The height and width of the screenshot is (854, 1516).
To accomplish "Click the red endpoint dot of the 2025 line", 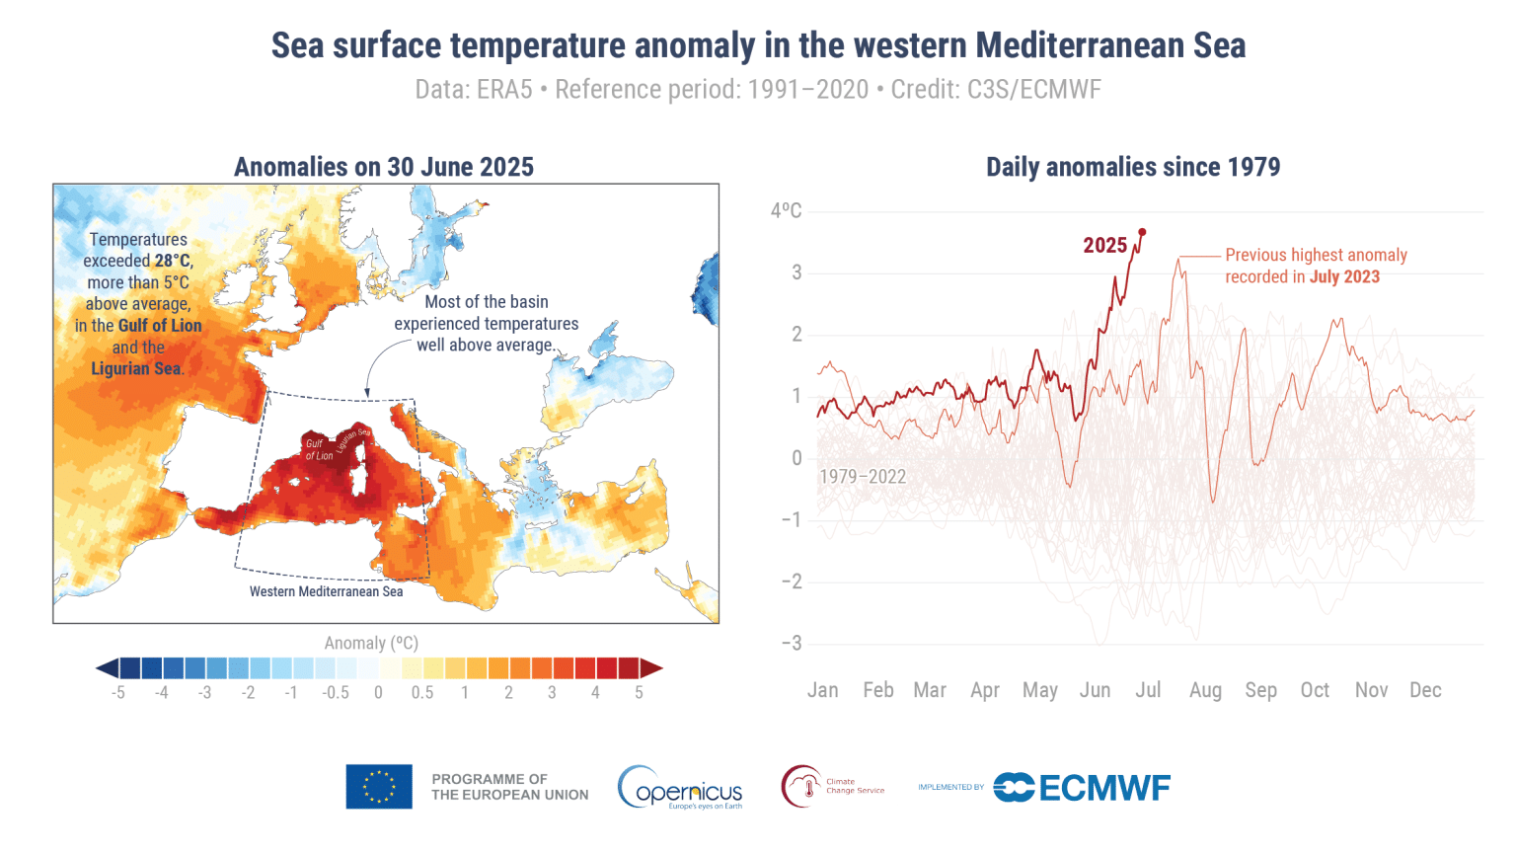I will coord(1142,232).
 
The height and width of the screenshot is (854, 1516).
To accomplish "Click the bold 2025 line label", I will coord(1104,246).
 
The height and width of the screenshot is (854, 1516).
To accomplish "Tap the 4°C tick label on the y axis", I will coord(786,210).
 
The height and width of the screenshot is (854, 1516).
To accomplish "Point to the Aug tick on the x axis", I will coord(1205,690).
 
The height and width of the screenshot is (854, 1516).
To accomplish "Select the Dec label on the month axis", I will coord(1425,690).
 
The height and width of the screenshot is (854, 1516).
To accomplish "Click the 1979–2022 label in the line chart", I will coord(862,477).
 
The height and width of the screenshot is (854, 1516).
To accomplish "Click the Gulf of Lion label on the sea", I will coord(319,450).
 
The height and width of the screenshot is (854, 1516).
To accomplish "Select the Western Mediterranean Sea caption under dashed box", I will coord(326,591).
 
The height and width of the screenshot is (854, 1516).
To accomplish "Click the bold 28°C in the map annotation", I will coord(173,261).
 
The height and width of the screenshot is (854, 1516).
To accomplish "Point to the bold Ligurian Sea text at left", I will coord(136,369).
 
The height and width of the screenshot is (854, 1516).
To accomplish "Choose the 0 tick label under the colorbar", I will coord(378,693).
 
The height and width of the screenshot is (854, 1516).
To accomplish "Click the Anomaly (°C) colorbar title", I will coord(371,644).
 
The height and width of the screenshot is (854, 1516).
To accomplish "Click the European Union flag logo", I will coord(379,787).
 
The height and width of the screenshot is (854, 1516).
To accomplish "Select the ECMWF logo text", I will coord(1103,788).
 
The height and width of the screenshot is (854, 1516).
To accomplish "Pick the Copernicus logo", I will coord(680,788).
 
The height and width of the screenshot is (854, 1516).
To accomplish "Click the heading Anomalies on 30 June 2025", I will coord(384,167).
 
